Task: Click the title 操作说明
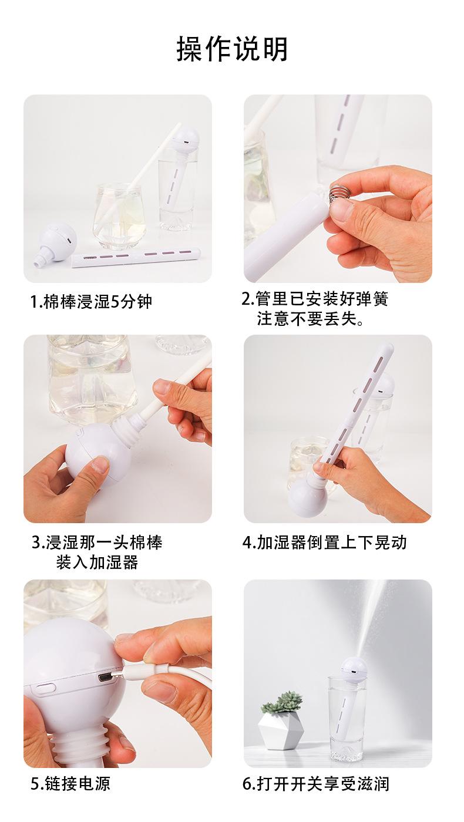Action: point(232,49)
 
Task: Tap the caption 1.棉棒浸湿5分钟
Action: point(90,302)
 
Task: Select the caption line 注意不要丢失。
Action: point(310,318)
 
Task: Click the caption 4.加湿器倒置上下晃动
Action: point(324,543)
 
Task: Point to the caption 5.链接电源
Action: point(70,783)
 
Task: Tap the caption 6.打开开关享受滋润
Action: point(315,783)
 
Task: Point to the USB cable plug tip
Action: point(116,675)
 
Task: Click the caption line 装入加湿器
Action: point(97,562)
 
